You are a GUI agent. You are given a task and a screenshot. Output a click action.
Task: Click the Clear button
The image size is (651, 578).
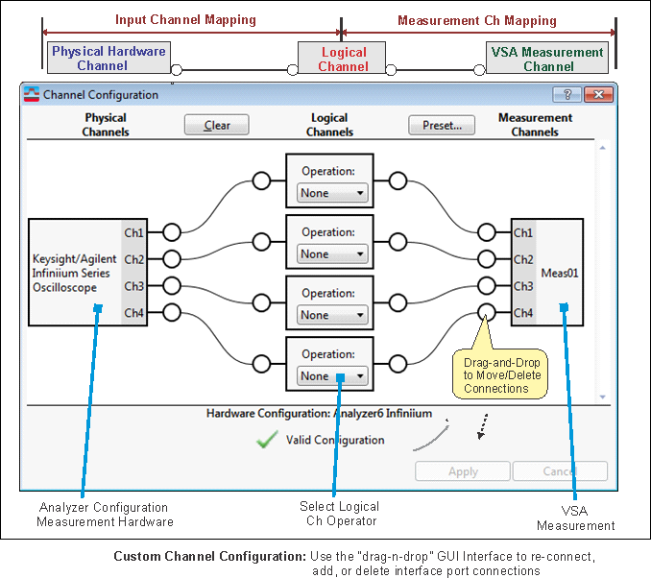coord(216,125)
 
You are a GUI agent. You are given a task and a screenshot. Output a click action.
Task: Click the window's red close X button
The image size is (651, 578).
coord(598,94)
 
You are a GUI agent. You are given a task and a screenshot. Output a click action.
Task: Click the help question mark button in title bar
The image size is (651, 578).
coord(567,94)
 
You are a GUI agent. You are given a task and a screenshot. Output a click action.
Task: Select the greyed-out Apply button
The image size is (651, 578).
coord(463,471)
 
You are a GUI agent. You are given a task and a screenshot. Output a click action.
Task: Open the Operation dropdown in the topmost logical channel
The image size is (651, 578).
coord(332,193)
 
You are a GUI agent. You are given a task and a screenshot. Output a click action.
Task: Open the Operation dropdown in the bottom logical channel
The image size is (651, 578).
coord(332,376)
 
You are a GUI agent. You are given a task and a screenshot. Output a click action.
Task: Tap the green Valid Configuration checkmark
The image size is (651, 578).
coord(267,440)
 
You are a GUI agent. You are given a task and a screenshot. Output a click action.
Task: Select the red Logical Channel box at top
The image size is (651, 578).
coord(343,59)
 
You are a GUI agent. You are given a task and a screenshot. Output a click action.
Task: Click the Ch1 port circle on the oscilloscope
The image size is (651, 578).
coord(172,232)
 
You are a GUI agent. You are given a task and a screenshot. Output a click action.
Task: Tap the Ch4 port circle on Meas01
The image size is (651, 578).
coord(488,312)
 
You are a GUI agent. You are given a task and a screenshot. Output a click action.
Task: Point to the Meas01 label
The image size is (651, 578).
coord(559,273)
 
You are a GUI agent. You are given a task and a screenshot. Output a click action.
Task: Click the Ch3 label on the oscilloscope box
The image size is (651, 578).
coord(133,286)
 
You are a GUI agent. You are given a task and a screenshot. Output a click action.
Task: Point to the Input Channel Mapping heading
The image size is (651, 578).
coord(185,20)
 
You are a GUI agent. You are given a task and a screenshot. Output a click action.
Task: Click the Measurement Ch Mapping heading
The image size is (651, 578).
coord(476,20)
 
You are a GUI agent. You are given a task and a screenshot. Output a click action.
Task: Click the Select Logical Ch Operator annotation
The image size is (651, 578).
coord(340,514)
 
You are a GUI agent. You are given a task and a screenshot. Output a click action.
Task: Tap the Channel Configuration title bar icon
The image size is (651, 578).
coord(33,95)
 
